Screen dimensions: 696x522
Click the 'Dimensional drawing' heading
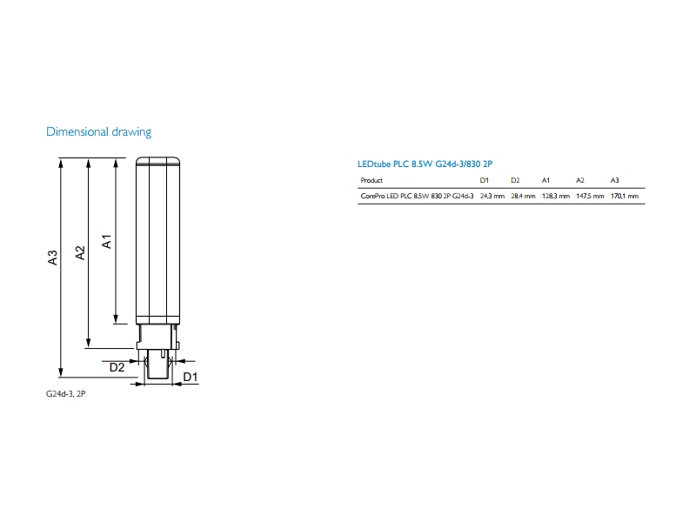[98, 132]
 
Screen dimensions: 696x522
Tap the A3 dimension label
[52, 258]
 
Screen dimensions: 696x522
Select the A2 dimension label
[80, 252]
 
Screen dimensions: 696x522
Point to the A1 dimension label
[106, 242]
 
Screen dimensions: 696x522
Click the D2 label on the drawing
[117, 367]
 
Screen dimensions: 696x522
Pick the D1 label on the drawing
[190, 377]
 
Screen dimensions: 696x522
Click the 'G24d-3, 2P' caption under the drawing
[66, 394]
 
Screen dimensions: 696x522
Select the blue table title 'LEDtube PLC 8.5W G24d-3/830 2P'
[425, 164]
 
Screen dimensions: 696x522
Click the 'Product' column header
[371, 180]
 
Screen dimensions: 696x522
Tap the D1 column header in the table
[485, 180]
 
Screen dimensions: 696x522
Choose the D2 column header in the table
[515, 180]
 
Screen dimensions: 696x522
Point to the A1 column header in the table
[545, 180]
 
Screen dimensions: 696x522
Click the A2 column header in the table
[580, 180]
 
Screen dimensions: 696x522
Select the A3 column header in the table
[614, 180]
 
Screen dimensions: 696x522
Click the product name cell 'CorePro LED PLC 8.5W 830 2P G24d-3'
[417, 196]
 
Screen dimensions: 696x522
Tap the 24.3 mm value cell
[492, 196]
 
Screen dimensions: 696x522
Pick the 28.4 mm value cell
[523, 196]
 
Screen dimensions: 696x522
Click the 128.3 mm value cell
[556, 196]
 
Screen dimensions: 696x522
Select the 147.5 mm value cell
[590, 196]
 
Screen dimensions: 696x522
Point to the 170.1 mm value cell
[625, 196]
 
